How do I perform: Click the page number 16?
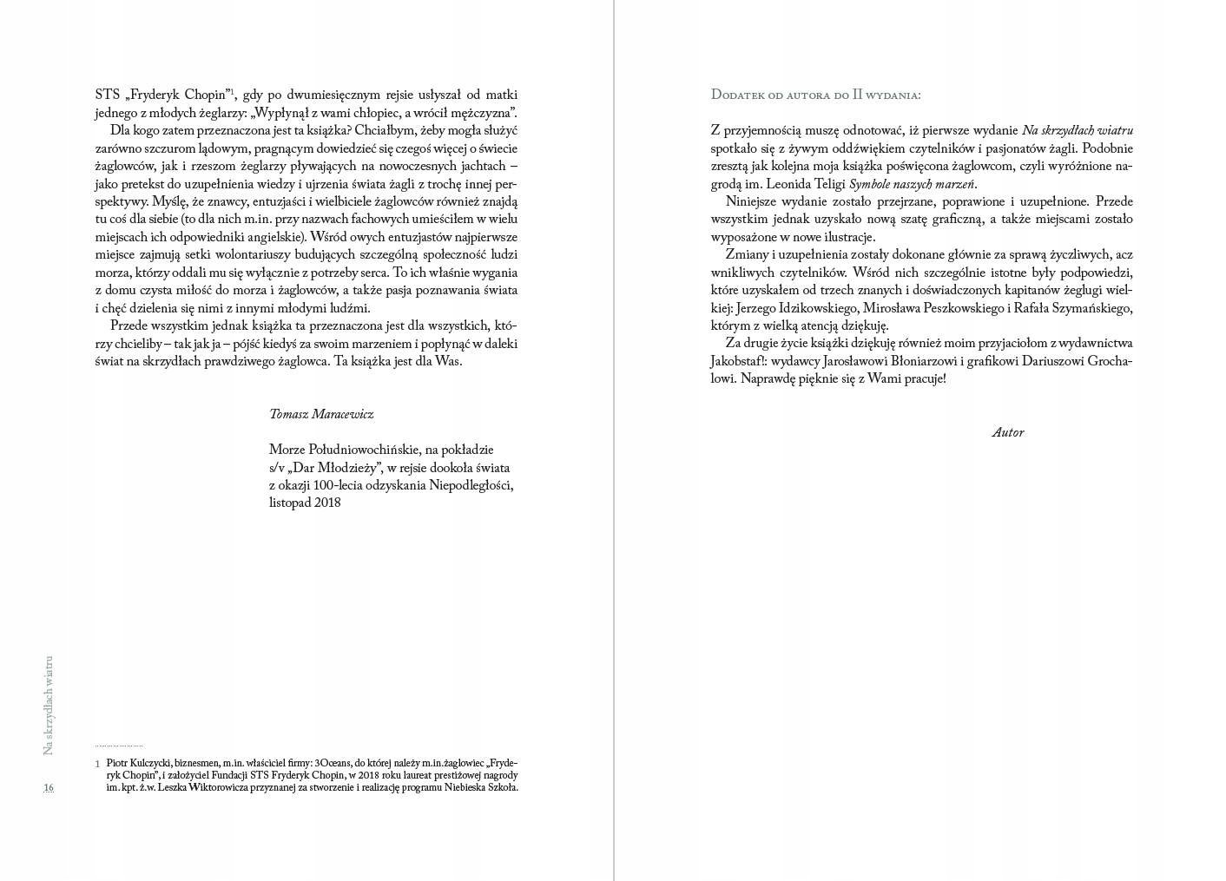pyautogui.click(x=49, y=787)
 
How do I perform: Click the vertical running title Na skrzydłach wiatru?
pyautogui.click(x=49, y=704)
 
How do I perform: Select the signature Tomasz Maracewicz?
pyautogui.click(x=321, y=414)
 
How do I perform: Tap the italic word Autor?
pyautogui.click(x=1007, y=432)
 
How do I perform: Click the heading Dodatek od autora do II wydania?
pyautogui.click(x=815, y=95)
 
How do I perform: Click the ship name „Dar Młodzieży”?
pyautogui.click(x=336, y=467)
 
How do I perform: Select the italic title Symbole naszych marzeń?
pyautogui.click(x=912, y=184)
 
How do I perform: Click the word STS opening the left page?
pyautogui.click(x=108, y=95)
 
